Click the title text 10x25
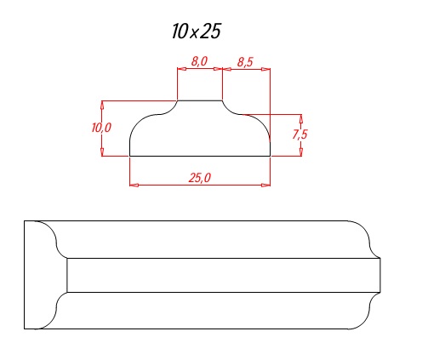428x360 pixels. [196, 31]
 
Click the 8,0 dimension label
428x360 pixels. [199, 61]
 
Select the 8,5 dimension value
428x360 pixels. [245, 62]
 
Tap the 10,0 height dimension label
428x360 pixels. [101, 128]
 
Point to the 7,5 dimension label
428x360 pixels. [300, 134]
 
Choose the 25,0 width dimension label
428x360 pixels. [200, 178]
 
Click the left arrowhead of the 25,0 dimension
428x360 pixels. [134, 186]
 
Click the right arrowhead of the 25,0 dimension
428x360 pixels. [265, 186]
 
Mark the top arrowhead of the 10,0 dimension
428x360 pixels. [102, 106]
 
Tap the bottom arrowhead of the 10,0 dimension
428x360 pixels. [102, 151]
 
